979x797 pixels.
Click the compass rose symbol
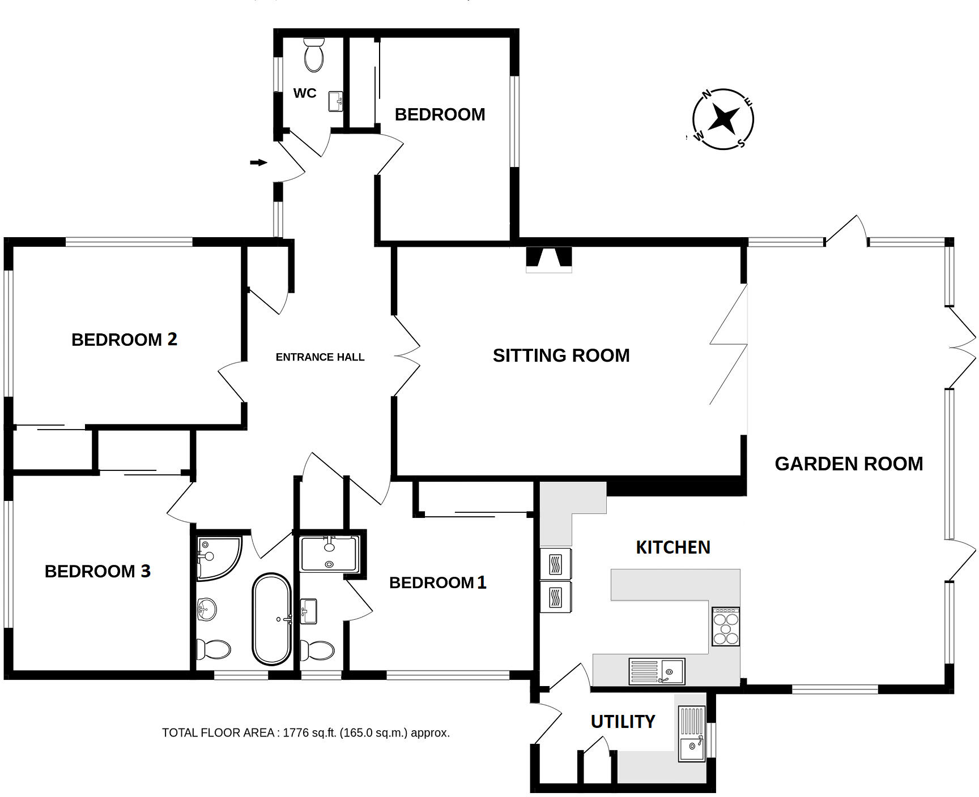(723, 119)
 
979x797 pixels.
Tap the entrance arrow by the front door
(259, 163)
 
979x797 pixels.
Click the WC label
(305, 93)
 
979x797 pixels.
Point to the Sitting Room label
(561, 355)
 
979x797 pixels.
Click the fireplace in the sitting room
(549, 258)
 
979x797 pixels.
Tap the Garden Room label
(849, 464)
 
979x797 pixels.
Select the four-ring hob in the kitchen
(726, 627)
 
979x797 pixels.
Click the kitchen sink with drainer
(657, 671)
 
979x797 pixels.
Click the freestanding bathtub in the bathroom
(271, 619)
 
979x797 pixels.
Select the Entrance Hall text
(320, 357)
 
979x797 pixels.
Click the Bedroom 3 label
(97, 571)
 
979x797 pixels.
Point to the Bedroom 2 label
(124, 340)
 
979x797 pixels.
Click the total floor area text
(306, 733)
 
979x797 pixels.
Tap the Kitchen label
(673, 547)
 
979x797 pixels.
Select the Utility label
(623, 722)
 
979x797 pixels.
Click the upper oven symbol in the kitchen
(556, 564)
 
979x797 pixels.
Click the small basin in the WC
(336, 102)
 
